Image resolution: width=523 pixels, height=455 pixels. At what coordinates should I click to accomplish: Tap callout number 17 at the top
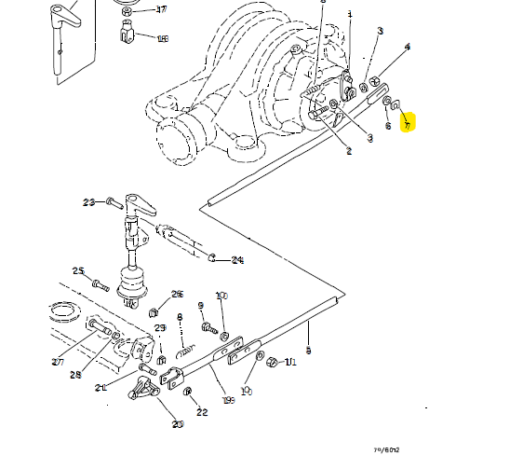[x=161, y=10]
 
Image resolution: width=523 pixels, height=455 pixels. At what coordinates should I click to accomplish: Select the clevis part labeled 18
[x=129, y=38]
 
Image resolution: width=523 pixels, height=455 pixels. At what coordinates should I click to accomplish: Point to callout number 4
[x=407, y=47]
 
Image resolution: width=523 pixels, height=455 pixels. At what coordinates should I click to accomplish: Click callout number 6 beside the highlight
[x=388, y=126]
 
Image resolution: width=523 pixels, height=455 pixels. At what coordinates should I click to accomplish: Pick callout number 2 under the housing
[x=348, y=150]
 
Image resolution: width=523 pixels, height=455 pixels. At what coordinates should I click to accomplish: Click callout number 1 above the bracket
[x=349, y=15]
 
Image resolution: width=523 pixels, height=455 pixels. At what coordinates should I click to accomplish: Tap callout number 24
[x=236, y=260]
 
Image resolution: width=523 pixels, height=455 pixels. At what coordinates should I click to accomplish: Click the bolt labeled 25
[x=100, y=282]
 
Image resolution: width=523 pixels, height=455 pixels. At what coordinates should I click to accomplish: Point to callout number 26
[x=177, y=294]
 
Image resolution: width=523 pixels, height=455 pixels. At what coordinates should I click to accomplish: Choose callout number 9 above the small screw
[x=201, y=307]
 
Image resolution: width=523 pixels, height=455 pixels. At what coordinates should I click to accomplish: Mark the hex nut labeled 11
[x=271, y=362]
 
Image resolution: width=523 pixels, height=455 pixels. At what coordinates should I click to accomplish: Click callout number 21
[x=100, y=388]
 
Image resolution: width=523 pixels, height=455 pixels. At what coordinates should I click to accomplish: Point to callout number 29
[x=160, y=328]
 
